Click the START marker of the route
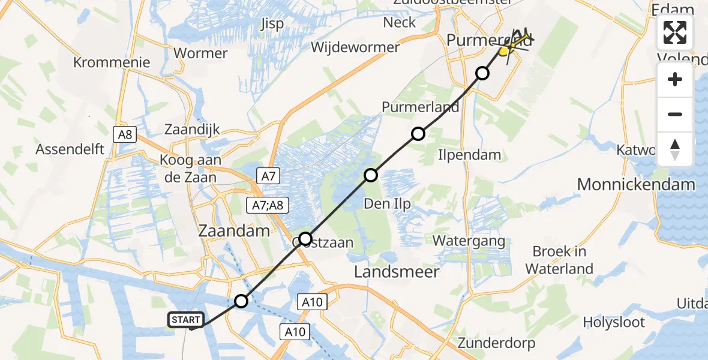186,320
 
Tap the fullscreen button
675,32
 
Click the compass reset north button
675,149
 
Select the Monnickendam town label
636,184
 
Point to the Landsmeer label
397,272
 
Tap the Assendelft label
70,149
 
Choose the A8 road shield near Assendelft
125,134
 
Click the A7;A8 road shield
268,206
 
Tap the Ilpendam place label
470,155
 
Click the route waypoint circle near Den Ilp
371,175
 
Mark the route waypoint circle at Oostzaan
305,239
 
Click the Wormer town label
200,53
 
